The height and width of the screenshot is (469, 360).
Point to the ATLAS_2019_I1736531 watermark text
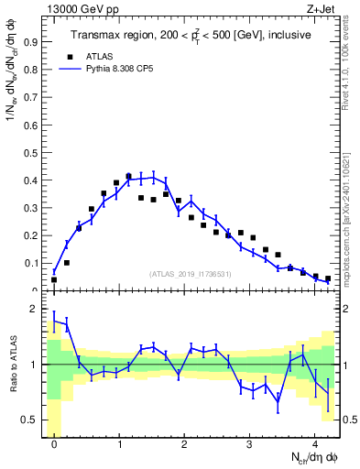click(x=191, y=273)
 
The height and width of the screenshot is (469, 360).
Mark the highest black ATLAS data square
click(x=128, y=176)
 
